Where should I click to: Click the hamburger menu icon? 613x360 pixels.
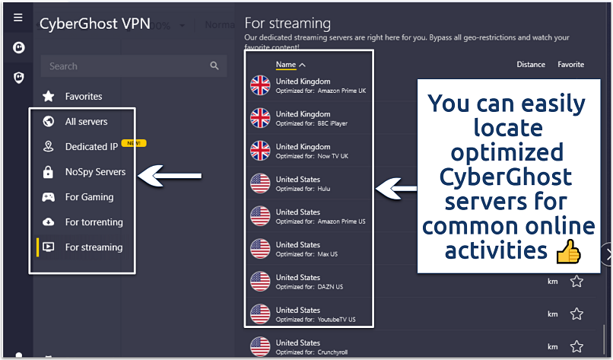click(x=18, y=18)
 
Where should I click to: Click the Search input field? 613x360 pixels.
click(x=125, y=66)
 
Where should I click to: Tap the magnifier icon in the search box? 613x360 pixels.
click(x=214, y=66)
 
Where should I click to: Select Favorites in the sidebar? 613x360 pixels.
click(x=83, y=97)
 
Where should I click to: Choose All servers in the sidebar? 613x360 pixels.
click(x=86, y=122)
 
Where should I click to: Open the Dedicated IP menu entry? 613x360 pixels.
click(x=91, y=147)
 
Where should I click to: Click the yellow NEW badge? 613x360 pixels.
click(x=134, y=143)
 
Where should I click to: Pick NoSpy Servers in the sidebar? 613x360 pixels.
click(x=95, y=172)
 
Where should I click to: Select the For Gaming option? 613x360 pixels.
click(x=89, y=197)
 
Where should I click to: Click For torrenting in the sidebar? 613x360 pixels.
click(x=94, y=222)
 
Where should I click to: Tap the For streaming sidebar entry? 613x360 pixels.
click(x=94, y=247)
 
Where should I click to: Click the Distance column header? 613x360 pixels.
click(x=531, y=65)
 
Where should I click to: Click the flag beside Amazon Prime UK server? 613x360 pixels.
click(x=260, y=85)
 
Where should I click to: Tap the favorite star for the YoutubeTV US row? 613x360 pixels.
click(x=576, y=314)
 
